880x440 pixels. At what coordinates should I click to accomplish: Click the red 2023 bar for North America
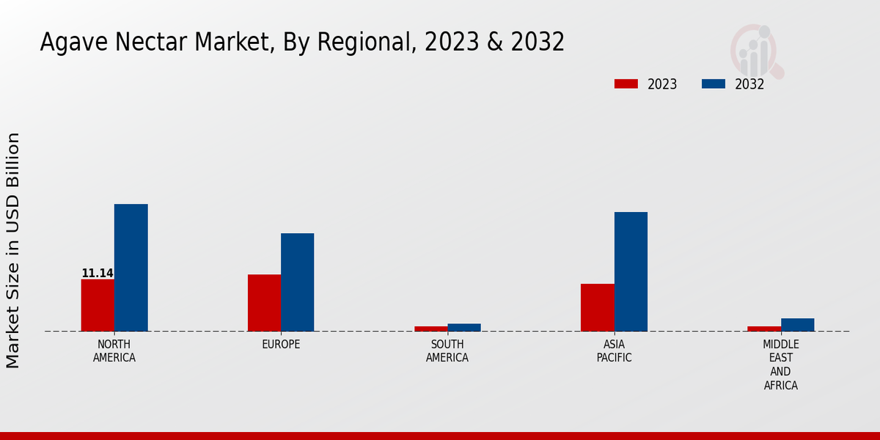pyautogui.click(x=98, y=305)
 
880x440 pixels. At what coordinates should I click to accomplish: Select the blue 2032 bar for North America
pyautogui.click(x=131, y=268)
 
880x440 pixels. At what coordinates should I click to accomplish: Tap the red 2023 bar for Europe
pyautogui.click(x=264, y=303)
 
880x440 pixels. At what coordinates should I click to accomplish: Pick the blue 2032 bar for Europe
pyautogui.click(x=297, y=282)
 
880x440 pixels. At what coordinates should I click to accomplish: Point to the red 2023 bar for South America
pyautogui.click(x=430, y=329)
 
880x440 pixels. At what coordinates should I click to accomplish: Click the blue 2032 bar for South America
pyautogui.click(x=464, y=327)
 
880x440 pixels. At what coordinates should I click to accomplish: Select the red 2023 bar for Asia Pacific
pyautogui.click(x=597, y=307)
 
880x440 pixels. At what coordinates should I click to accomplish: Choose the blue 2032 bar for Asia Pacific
pyautogui.click(x=631, y=271)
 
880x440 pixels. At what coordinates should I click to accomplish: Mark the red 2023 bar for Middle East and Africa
pyautogui.click(x=764, y=329)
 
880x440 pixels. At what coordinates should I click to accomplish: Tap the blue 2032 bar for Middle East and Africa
pyautogui.click(x=797, y=325)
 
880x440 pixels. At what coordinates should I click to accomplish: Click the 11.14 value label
pyautogui.click(x=98, y=274)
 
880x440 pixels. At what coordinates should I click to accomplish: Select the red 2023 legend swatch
pyautogui.click(x=626, y=84)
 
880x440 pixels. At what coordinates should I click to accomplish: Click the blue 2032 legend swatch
pyautogui.click(x=713, y=84)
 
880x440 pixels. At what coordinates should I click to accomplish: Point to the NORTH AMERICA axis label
pyautogui.click(x=114, y=351)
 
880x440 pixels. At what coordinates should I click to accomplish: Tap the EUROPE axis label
pyautogui.click(x=281, y=345)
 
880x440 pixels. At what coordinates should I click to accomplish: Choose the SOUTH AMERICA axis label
pyautogui.click(x=447, y=351)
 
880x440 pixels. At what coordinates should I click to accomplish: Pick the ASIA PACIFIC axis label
pyautogui.click(x=614, y=351)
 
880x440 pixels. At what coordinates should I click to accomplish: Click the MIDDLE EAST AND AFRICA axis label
pyautogui.click(x=781, y=364)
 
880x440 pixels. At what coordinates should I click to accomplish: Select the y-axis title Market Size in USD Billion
pyautogui.click(x=13, y=250)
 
